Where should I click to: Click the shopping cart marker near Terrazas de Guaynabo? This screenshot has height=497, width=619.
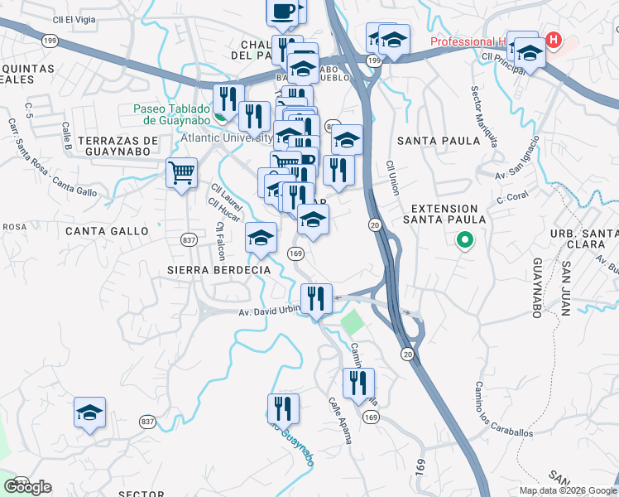coord(181,174)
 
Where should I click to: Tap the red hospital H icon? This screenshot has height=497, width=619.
coord(553,39)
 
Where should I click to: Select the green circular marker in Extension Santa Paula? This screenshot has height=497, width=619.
coord(464,241)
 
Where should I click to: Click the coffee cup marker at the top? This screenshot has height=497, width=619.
coord(281,11)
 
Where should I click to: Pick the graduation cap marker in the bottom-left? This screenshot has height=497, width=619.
coord(89,413)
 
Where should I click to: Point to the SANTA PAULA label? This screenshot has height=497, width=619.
coord(427,141)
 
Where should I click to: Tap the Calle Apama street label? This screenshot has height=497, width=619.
coord(339,419)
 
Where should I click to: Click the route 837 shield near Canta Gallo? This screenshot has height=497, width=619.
coord(189,239)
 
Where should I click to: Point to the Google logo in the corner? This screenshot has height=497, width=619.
coord(29,486)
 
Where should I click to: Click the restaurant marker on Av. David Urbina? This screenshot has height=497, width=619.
coord(316,298)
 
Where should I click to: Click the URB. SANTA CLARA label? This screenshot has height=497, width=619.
coord(584,225)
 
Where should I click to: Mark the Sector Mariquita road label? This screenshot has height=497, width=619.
coord(485,117)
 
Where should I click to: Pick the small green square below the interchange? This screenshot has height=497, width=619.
coord(353,321)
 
